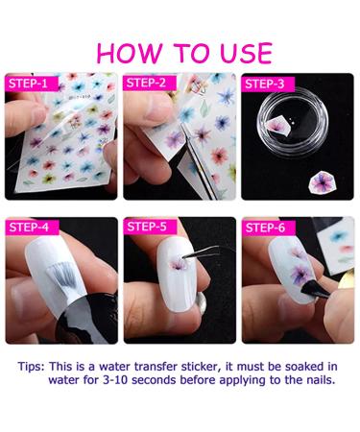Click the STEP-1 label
[x=28, y=84]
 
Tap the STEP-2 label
[x=146, y=83]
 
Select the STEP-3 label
[x=265, y=84]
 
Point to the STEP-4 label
[x=29, y=227]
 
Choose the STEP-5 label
[x=147, y=227]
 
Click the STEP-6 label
[x=265, y=228]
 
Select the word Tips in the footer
[x=31, y=367]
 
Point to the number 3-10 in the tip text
[x=116, y=380]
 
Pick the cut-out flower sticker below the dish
[x=323, y=182]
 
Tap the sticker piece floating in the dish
[x=279, y=125]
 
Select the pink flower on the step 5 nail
[x=178, y=264]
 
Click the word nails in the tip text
[x=318, y=380]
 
